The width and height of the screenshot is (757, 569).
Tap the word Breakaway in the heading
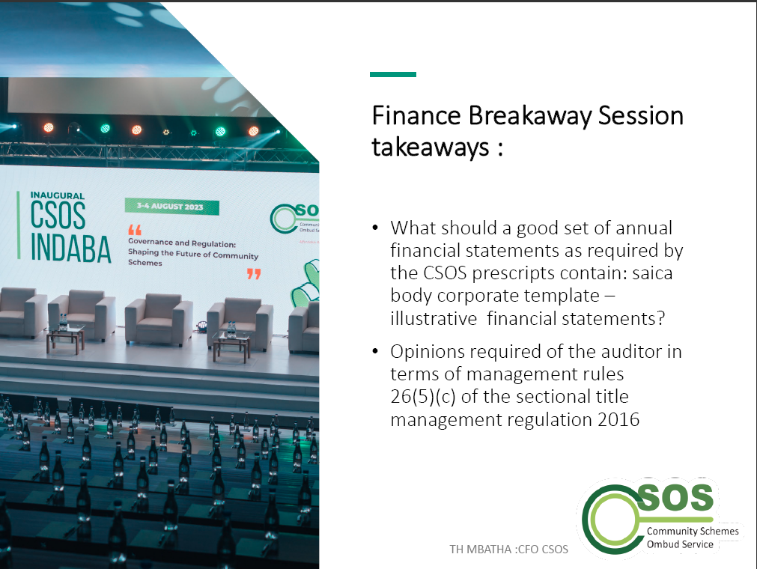(529, 117)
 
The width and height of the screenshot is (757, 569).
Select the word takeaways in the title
(430, 147)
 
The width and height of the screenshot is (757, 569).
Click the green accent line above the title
(393, 74)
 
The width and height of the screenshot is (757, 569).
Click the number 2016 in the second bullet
(618, 419)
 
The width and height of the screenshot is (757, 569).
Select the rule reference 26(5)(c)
(423, 397)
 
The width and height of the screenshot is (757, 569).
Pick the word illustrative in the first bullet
(434, 318)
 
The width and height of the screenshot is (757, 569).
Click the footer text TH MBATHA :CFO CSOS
(509, 550)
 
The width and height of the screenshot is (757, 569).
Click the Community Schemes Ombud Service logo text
(693, 538)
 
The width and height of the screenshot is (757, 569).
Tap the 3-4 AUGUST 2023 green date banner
(172, 207)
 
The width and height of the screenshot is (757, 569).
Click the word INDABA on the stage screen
(71, 249)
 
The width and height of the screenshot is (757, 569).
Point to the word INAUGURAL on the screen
(58, 195)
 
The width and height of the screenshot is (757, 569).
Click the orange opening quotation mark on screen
(135, 230)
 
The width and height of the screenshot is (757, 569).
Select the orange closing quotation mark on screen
(254, 274)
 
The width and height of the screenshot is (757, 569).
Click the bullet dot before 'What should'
(376, 228)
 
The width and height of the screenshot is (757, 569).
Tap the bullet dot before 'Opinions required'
(376, 352)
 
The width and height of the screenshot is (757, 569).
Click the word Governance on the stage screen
(151, 242)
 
